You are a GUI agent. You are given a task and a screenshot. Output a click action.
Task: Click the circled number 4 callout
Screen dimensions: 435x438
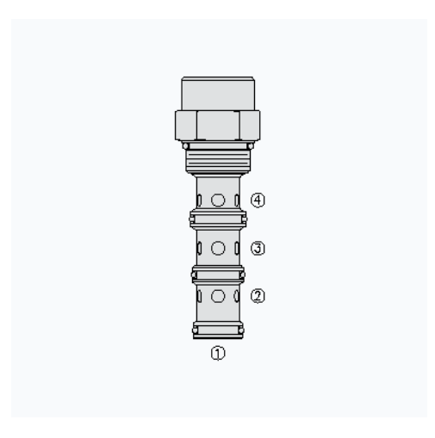coord(258,200)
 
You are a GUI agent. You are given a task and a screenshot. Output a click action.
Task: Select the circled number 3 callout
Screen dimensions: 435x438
coord(258,249)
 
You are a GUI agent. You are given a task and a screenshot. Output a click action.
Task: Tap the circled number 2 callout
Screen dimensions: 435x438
coord(258,296)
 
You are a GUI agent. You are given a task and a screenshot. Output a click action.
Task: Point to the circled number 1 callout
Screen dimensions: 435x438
coord(218,353)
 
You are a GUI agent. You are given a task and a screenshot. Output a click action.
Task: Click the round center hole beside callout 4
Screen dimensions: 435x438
coord(218,200)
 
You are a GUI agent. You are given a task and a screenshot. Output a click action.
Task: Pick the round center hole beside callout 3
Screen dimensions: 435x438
coord(218,248)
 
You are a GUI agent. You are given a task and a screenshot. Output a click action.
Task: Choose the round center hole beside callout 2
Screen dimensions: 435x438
coord(218,296)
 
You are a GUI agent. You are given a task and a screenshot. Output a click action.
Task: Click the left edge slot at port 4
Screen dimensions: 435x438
coord(199,200)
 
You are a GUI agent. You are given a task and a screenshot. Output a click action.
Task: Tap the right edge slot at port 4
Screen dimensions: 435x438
coord(237,200)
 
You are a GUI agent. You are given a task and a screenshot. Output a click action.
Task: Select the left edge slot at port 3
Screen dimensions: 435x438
coord(199,248)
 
